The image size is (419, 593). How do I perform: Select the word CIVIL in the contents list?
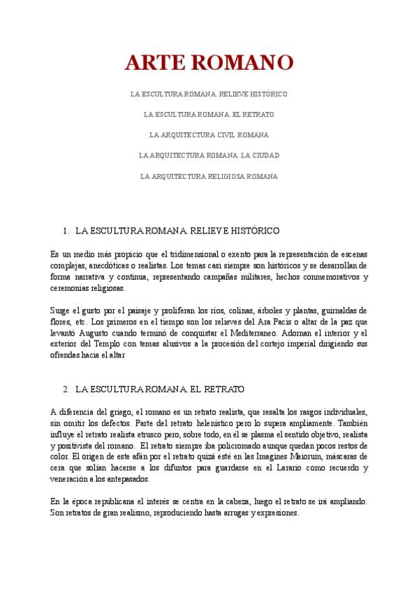click(x=223, y=134)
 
